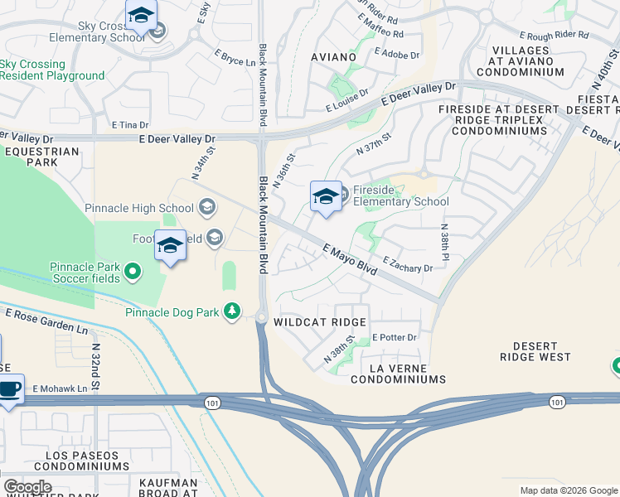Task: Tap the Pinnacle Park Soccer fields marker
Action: point(132,271)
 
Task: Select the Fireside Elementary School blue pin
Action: point(326,197)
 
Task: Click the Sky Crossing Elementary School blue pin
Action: point(141,17)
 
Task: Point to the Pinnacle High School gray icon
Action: point(207,207)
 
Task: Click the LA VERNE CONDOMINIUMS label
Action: point(398,373)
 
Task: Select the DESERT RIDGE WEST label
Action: point(535,351)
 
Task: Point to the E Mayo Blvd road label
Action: point(350,259)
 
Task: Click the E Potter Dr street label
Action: point(394,338)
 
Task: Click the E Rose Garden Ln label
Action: point(46,322)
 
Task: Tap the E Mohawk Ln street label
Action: point(60,388)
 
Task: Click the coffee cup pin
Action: point(9,388)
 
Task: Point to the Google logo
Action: point(27,487)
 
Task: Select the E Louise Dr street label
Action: point(346,102)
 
